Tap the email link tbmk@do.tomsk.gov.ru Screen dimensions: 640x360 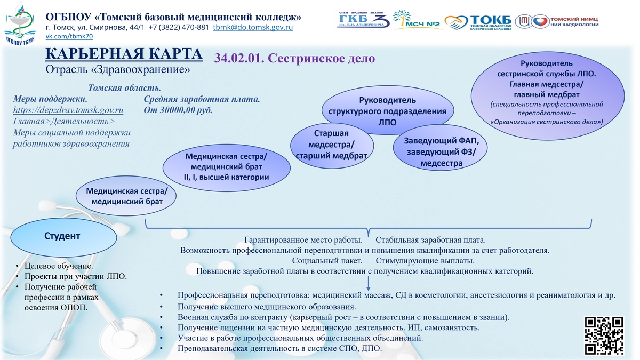[253, 27]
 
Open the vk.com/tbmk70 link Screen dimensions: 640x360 [69, 37]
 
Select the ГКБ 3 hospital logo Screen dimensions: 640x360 [364, 19]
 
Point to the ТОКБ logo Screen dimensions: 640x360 [478, 22]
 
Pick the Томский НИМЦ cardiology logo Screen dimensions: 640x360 [557, 21]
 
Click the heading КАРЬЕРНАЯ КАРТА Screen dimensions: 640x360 [124, 54]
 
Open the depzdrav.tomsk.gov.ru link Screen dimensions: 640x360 [68, 110]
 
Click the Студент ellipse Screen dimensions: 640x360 [63, 237]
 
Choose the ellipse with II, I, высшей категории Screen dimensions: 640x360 [227, 167]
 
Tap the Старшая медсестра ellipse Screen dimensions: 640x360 [332, 146]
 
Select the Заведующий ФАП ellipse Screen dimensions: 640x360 [441, 148]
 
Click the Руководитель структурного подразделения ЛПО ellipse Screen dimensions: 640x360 [388, 110]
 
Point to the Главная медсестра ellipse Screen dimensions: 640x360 [547, 95]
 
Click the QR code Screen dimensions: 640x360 [604, 335]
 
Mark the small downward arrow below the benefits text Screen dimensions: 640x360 [369, 283]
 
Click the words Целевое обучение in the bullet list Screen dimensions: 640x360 [58, 266]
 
